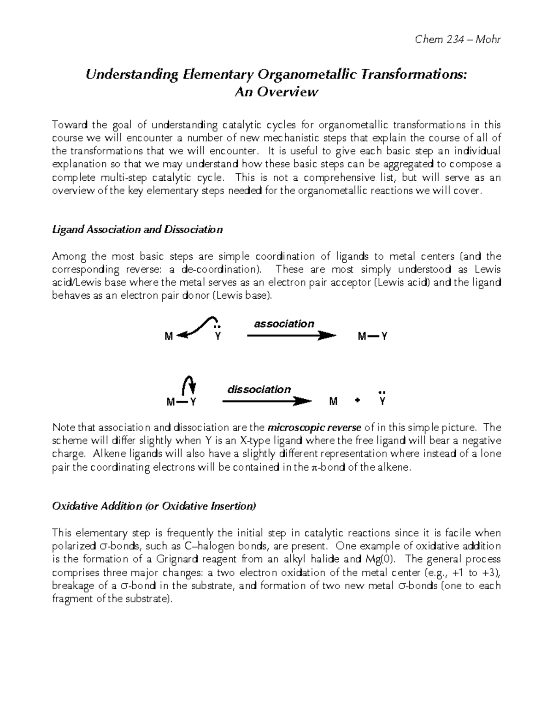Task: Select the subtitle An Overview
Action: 276,92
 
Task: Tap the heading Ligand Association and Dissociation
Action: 137,230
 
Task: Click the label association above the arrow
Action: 284,324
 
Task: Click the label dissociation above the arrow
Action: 259,390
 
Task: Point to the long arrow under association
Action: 291,336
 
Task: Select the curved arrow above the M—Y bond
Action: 188,384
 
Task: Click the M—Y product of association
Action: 372,337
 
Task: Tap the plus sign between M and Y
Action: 357,402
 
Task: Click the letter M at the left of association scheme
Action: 169,337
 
